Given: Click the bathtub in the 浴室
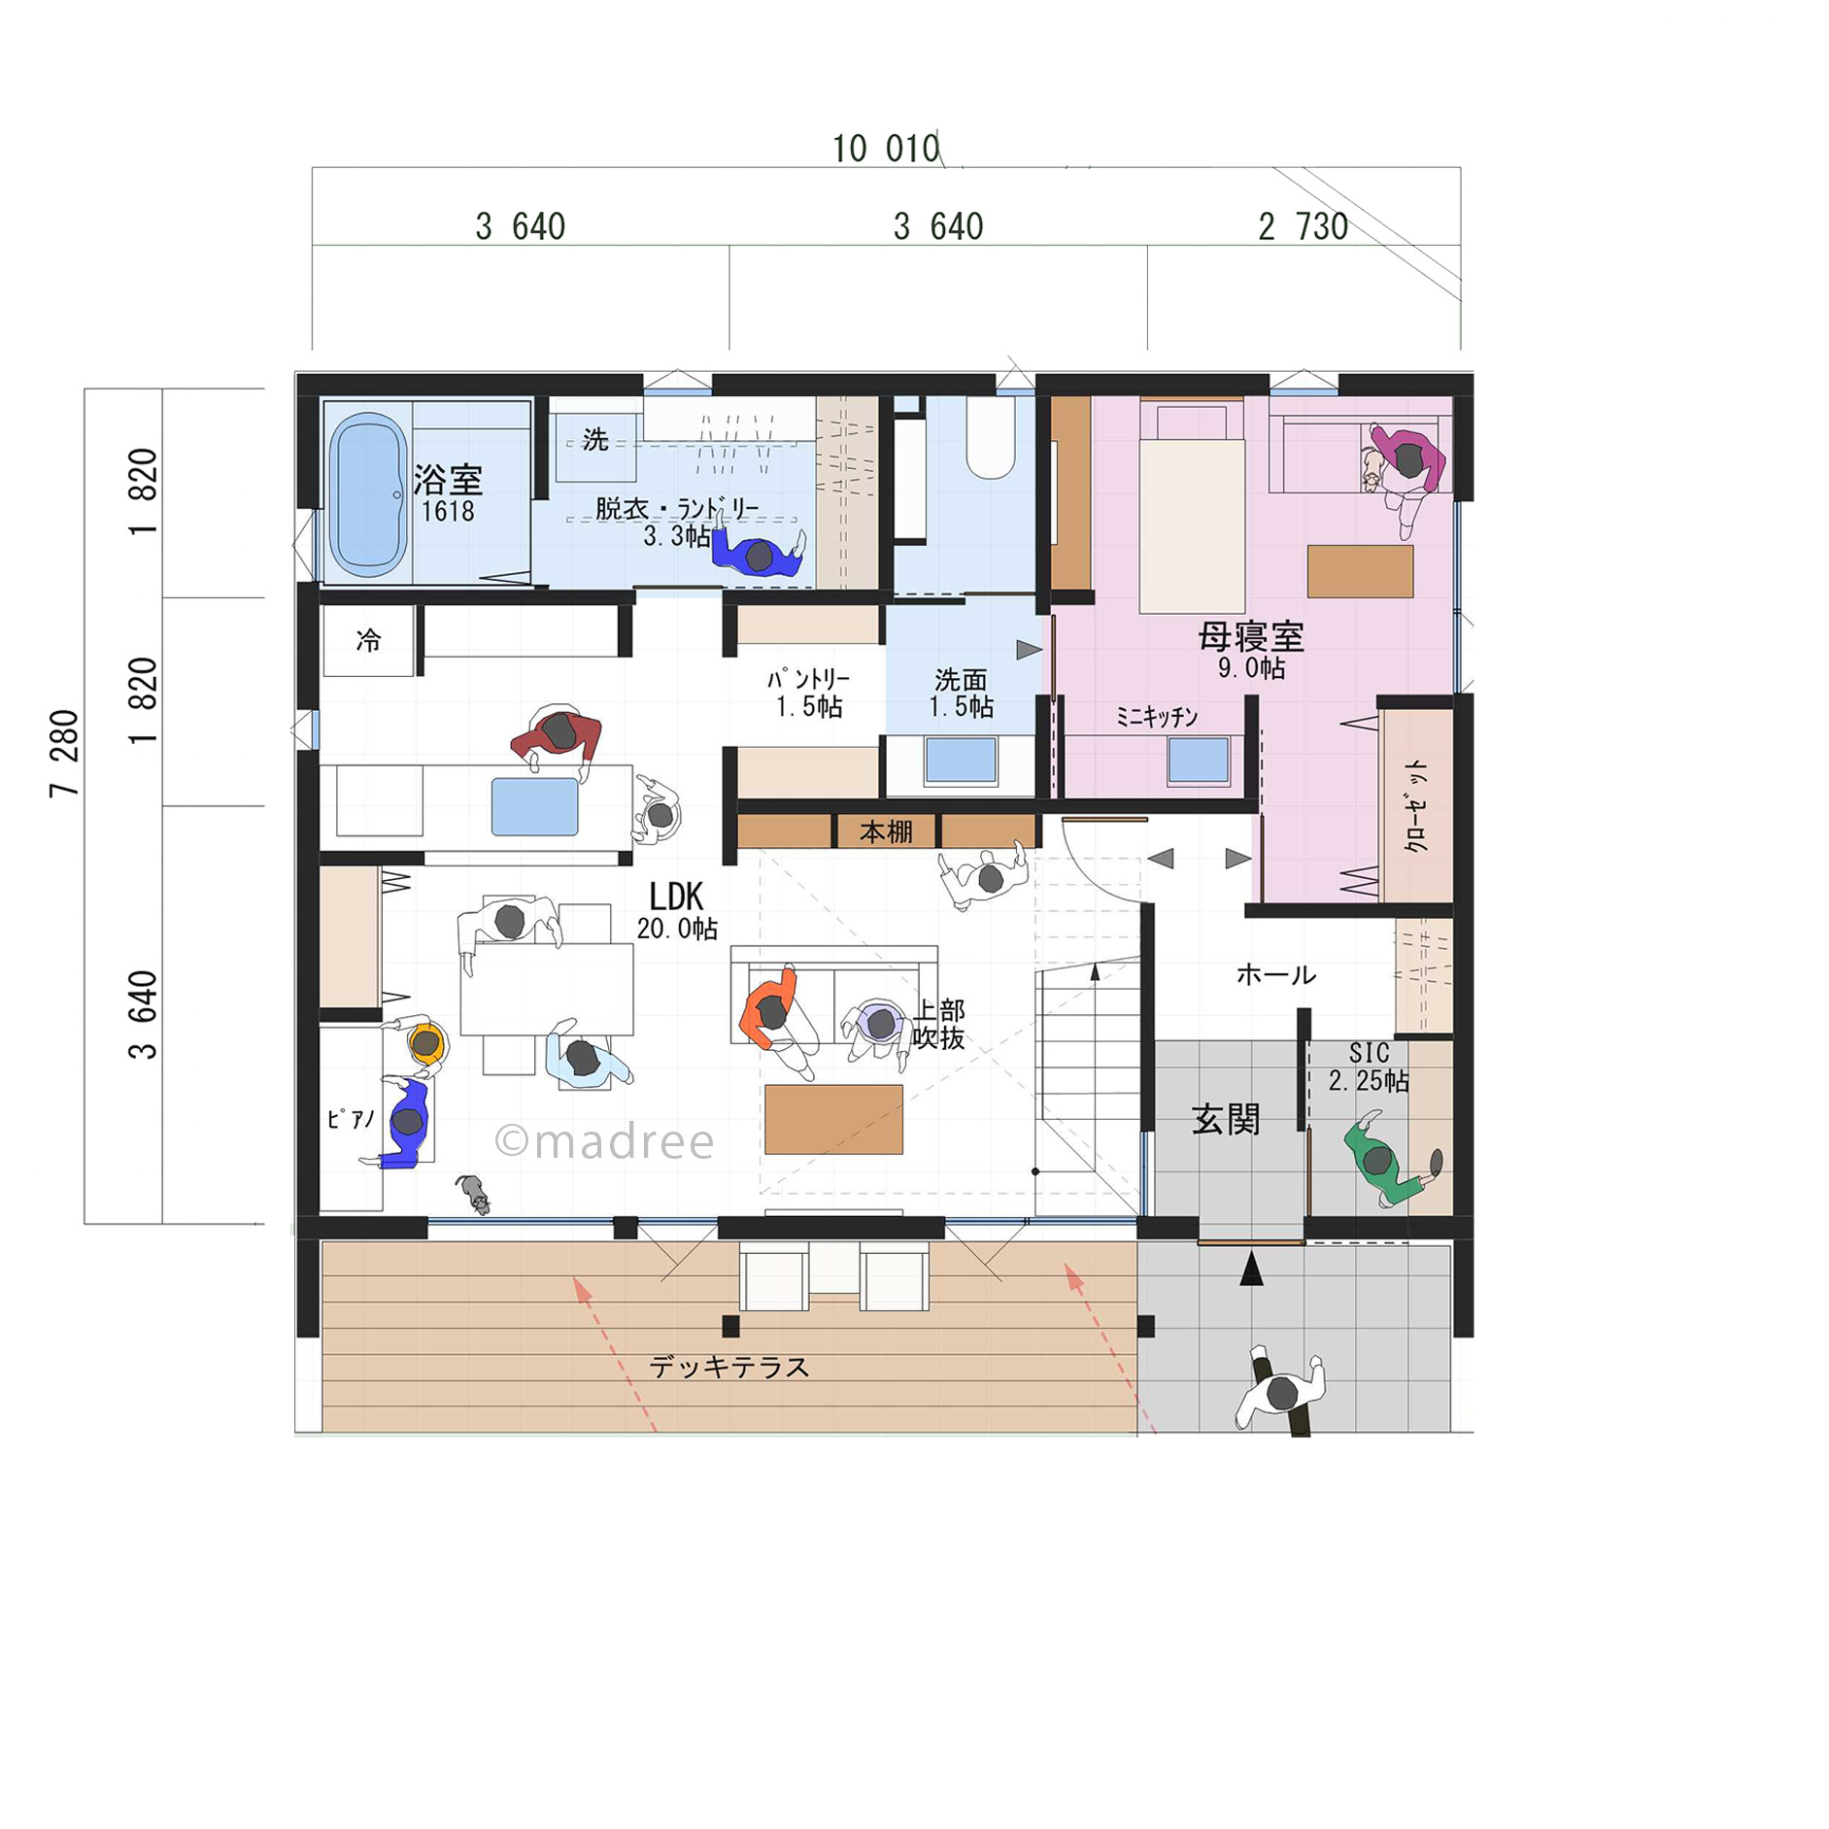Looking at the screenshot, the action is (x=368, y=494).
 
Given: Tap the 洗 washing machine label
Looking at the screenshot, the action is (x=595, y=440).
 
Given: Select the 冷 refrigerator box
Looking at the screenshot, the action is (x=368, y=640).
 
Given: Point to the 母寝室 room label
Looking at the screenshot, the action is (x=1250, y=637).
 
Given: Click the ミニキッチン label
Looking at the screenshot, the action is (x=1156, y=717).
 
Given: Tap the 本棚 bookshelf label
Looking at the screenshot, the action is (x=886, y=832).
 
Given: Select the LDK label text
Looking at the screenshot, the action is (x=676, y=896).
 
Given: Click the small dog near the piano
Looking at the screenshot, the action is (x=474, y=1194).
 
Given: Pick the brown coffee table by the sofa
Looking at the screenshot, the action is (x=833, y=1119).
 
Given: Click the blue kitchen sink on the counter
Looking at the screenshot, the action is (x=534, y=806).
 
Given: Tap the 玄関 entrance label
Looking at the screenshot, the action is (x=1226, y=1120).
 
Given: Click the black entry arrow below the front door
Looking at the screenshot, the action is (x=1252, y=1269).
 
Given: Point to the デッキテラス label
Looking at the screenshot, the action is (x=729, y=1368).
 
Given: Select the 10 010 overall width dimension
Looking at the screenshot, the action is (x=886, y=149).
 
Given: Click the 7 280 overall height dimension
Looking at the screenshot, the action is (x=64, y=754).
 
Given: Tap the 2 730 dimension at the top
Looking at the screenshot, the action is (x=1303, y=227).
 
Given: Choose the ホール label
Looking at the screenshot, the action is (x=1276, y=975).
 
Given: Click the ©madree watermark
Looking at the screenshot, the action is (x=604, y=1141).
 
